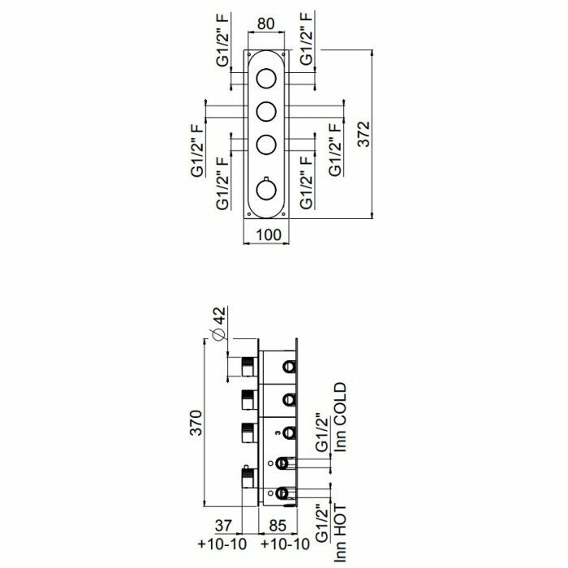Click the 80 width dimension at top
(x=266, y=24)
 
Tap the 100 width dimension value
(x=269, y=235)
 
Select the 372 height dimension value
(x=364, y=134)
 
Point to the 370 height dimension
(x=196, y=423)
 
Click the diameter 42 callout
(x=219, y=324)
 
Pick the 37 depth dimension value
(x=223, y=526)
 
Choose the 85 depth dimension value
(x=278, y=526)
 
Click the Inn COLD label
(x=340, y=417)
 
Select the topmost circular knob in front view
(x=266, y=78)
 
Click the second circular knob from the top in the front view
(x=266, y=111)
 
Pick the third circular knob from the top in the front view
(x=266, y=144)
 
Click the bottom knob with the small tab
(x=266, y=189)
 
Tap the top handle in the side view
(x=249, y=367)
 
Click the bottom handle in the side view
(x=249, y=476)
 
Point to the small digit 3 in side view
(x=278, y=432)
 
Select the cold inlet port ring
(x=282, y=463)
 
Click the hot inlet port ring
(x=282, y=493)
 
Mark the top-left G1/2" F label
(x=222, y=39)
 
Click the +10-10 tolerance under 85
(x=285, y=544)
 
